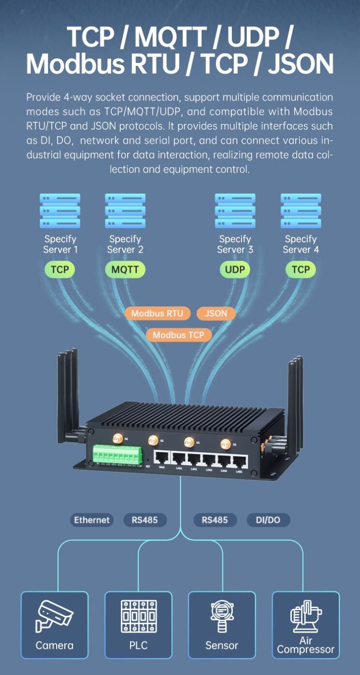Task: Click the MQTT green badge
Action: pos(125,269)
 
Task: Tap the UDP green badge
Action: pos(235,269)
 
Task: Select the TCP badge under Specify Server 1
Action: pos(60,269)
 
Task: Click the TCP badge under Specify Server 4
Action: pos(300,269)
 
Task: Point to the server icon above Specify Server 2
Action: pos(125,211)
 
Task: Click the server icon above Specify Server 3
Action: pos(235,211)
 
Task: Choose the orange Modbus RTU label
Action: pos(157,313)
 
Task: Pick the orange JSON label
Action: pos(216,313)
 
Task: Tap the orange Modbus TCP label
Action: pos(179,335)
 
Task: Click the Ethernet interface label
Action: pos(92,520)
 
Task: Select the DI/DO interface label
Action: pos(268,520)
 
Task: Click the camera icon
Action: pos(55,616)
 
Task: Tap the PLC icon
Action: pos(138,616)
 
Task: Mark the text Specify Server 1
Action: pos(60,244)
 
